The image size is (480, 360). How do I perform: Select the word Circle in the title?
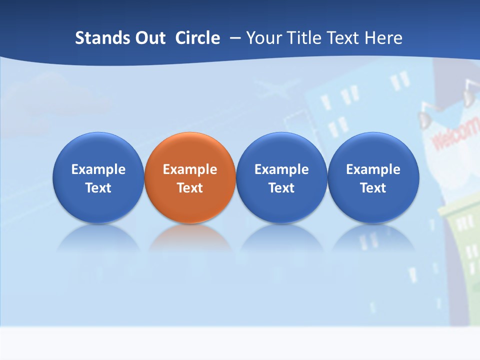(x=197, y=38)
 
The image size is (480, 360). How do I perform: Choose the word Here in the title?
(x=383, y=38)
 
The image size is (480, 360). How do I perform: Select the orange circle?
(x=190, y=177)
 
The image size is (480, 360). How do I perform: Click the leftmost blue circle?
(x=98, y=177)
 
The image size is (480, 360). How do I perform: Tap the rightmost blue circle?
(x=373, y=177)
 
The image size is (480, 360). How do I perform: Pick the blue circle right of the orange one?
(x=281, y=177)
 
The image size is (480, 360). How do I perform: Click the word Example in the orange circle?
(x=190, y=169)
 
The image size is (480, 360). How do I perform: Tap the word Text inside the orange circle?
(x=190, y=188)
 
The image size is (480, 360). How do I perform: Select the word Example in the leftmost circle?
(x=98, y=169)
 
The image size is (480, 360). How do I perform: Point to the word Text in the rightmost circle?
(x=373, y=188)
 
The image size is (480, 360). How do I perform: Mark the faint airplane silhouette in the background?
(x=273, y=90)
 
